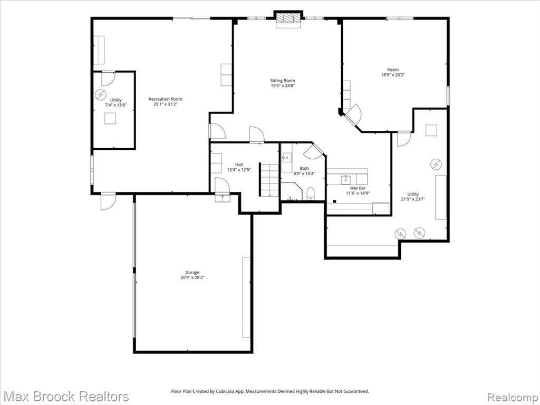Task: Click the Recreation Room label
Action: pyautogui.click(x=165, y=99)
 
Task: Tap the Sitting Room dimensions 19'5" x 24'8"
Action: pyautogui.click(x=283, y=86)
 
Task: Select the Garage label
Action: pyautogui.click(x=192, y=273)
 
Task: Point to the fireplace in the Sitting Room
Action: pyautogui.click(x=288, y=18)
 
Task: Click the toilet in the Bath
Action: pyautogui.click(x=311, y=194)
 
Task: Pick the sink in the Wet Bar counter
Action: pyautogui.click(x=346, y=179)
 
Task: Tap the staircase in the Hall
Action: pyautogui.click(x=269, y=180)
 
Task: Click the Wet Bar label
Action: pyautogui.click(x=358, y=188)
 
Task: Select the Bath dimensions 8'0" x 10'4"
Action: pyautogui.click(x=304, y=173)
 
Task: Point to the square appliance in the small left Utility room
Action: pyautogui.click(x=110, y=119)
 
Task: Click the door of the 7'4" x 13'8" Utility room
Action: pyautogui.click(x=108, y=79)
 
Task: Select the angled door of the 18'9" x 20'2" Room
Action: pyautogui.click(x=353, y=114)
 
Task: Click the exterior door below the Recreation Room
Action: pyautogui.click(x=108, y=201)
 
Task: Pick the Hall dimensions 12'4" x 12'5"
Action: pyautogui.click(x=239, y=169)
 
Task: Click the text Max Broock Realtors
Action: pyautogui.click(x=65, y=397)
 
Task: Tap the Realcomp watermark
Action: pyautogui.click(x=513, y=397)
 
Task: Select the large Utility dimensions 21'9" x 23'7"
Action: pyautogui.click(x=413, y=199)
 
